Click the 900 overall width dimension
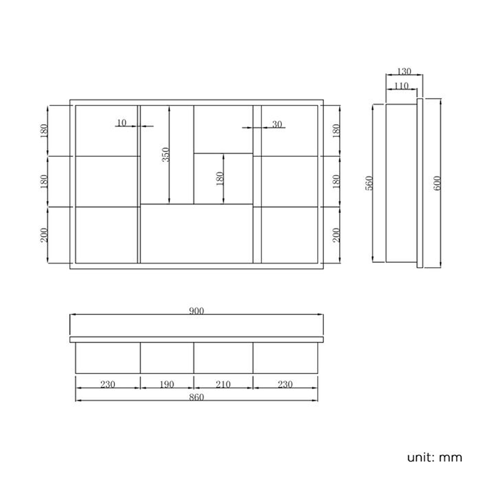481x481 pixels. pyautogui.click(x=196, y=311)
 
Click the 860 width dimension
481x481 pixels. pyautogui.click(x=196, y=397)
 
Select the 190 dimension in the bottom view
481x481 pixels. pyautogui.click(x=167, y=384)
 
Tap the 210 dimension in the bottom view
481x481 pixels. pyautogui.click(x=223, y=384)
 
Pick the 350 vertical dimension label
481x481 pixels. pyautogui.click(x=166, y=155)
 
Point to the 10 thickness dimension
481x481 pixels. pyautogui.click(x=122, y=123)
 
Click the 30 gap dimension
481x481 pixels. pyautogui.click(x=277, y=124)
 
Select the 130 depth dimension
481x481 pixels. pyautogui.click(x=404, y=71)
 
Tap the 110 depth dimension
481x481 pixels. pyautogui.click(x=401, y=86)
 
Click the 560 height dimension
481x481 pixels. pyautogui.click(x=369, y=183)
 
